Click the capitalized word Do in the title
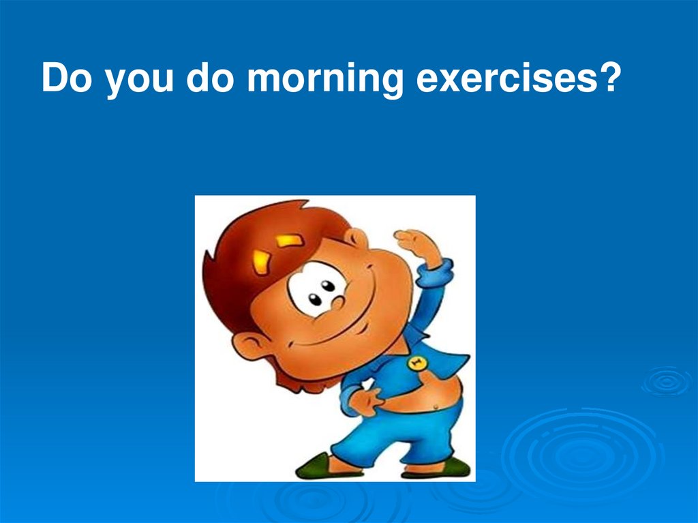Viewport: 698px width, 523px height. pos(66,77)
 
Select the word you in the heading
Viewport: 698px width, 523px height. pos(139,81)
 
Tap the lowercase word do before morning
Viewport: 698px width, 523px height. pos(210,77)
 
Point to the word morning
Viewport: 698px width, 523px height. pos(325,80)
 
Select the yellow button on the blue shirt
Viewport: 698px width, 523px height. pos(417,363)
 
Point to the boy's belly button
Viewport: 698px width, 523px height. pos(436,406)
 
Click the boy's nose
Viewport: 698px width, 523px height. pos(338,303)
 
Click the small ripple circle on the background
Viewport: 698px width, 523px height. pos(667,381)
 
